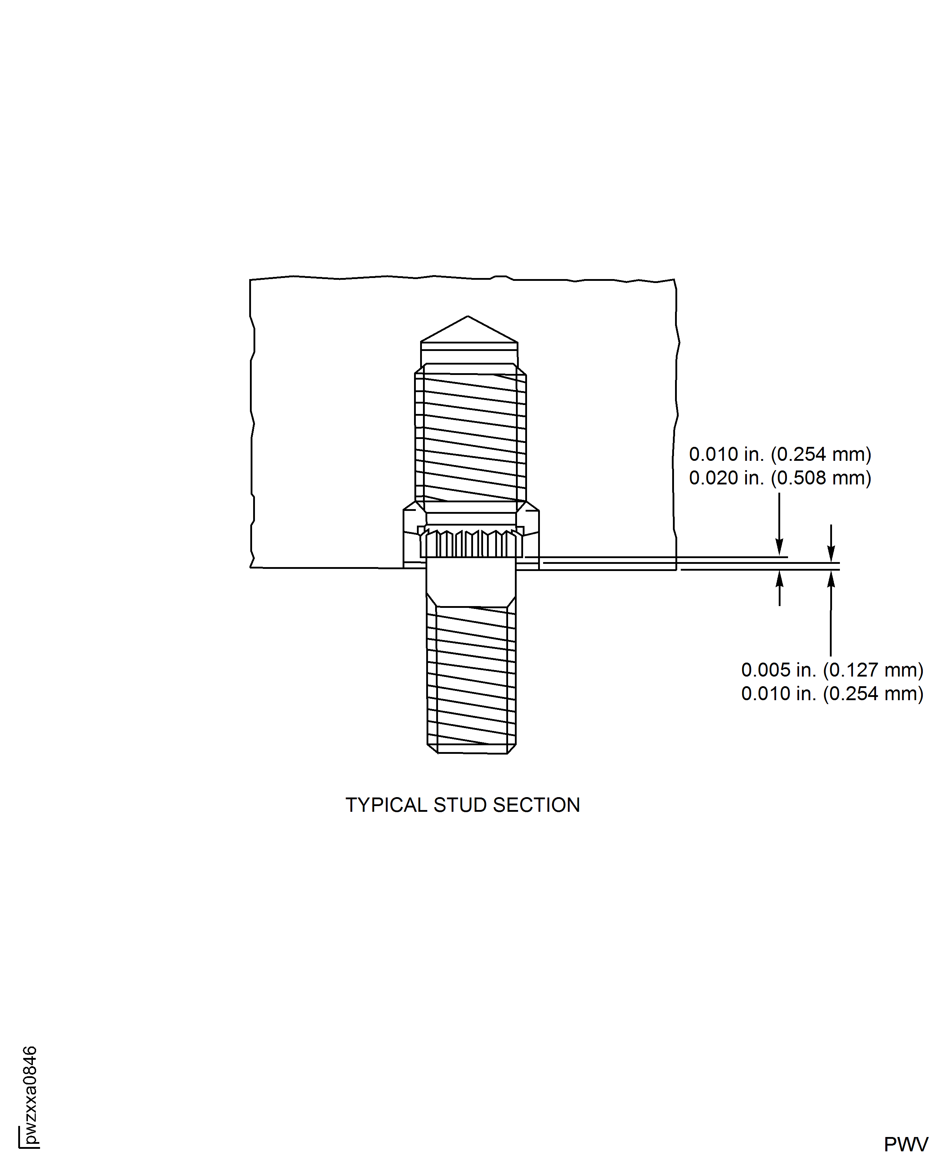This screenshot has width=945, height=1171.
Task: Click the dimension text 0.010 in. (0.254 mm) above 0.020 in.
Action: (779, 454)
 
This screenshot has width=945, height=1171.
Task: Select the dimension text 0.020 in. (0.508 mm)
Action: (779, 478)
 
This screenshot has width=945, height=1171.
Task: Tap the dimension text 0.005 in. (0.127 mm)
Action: (832, 670)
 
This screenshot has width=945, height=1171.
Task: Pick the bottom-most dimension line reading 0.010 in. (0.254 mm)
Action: (832, 694)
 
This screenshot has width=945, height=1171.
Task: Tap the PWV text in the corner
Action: (906, 1145)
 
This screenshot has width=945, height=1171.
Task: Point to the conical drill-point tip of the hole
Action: (468, 327)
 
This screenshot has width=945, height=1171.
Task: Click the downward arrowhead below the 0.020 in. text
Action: (779, 547)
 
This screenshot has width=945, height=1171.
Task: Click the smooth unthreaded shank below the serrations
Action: (471, 580)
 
